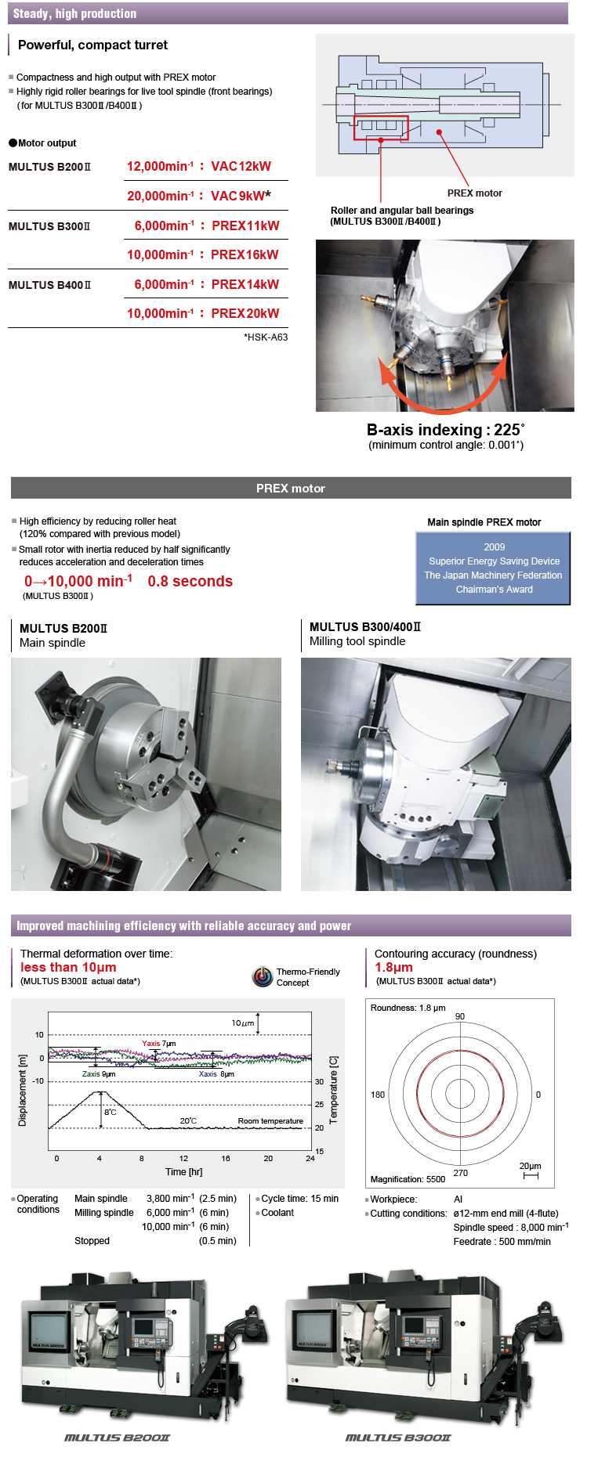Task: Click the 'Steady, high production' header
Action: click(75, 13)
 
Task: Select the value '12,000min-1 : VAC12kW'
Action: click(199, 166)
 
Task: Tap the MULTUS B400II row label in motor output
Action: click(49, 285)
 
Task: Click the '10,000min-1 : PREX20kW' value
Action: click(203, 313)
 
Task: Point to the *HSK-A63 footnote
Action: click(266, 337)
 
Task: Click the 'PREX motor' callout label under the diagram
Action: click(474, 193)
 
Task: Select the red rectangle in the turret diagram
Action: click(381, 128)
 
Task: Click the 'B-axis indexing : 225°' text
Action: click(445, 430)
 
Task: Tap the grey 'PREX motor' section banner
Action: click(291, 488)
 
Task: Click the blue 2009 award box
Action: click(493, 568)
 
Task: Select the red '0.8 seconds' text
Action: click(190, 581)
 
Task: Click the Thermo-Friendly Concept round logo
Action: click(263, 976)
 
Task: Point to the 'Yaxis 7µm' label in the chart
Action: click(158, 1044)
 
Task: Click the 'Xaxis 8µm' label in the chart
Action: click(216, 1074)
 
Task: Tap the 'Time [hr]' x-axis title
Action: click(184, 1172)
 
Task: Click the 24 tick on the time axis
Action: click(310, 1158)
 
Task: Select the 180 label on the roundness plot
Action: click(378, 1095)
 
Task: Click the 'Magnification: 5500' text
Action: click(408, 1179)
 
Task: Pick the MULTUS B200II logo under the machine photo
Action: click(117, 1438)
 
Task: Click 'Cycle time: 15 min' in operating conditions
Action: click(299, 1199)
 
